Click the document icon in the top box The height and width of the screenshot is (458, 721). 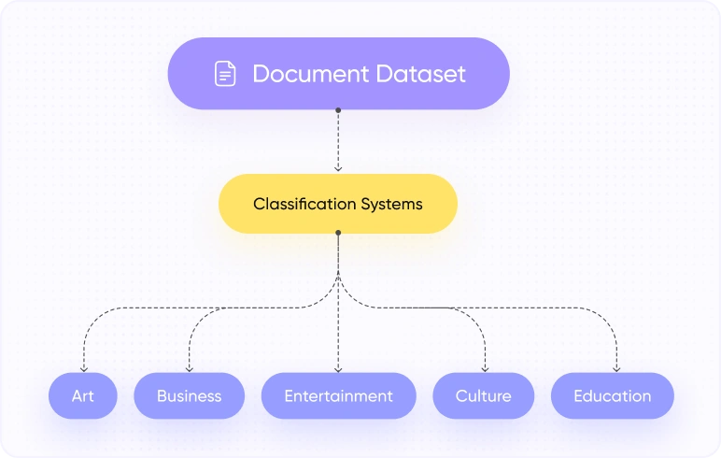(x=225, y=74)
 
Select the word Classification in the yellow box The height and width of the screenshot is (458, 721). (x=304, y=204)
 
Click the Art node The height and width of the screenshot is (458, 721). (x=83, y=395)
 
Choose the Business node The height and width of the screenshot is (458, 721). (x=189, y=395)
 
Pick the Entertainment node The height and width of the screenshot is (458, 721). (x=338, y=395)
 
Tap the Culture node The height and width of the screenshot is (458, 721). (x=483, y=395)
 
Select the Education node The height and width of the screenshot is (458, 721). (x=612, y=395)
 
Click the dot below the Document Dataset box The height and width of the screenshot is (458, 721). (x=338, y=110)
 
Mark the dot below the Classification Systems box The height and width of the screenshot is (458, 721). (x=338, y=235)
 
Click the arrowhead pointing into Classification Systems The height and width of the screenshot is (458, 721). (x=338, y=168)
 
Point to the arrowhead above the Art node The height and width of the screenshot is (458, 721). (x=83, y=368)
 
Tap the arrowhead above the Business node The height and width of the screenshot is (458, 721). (x=189, y=368)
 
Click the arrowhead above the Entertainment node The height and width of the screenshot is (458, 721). (x=338, y=368)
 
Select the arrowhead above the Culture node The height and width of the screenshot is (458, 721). (x=486, y=368)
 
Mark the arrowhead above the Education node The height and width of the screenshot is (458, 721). (x=616, y=368)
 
